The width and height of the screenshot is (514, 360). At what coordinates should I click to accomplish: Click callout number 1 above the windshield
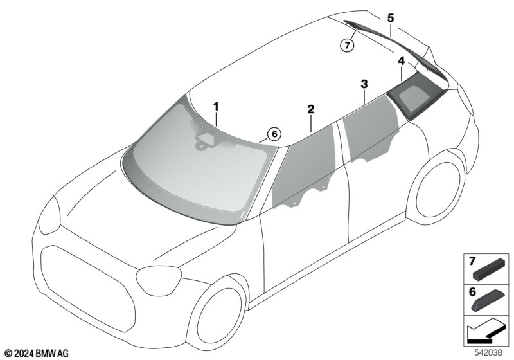tap(216, 107)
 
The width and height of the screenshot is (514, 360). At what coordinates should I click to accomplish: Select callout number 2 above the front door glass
tap(311, 109)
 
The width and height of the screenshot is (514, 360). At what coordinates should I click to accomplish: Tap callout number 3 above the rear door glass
tap(364, 84)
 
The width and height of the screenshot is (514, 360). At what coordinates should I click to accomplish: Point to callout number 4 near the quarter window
tap(401, 61)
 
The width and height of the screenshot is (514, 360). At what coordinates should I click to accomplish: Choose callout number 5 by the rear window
tap(391, 18)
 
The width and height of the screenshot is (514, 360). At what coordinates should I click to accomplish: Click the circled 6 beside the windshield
tap(274, 134)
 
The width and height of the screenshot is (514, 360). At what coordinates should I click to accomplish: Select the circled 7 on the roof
tap(347, 45)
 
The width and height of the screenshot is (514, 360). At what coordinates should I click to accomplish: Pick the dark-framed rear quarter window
tap(416, 96)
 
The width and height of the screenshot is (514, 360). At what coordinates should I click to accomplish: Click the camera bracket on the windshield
tap(206, 141)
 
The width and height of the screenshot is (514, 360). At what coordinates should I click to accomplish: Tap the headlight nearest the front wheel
tap(159, 281)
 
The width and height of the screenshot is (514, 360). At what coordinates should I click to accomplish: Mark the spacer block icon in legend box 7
tap(488, 269)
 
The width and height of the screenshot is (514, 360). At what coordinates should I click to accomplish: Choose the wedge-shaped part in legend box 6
tap(488, 300)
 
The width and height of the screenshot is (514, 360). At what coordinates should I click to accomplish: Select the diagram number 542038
tap(488, 353)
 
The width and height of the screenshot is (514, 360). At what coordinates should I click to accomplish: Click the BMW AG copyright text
tap(37, 354)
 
